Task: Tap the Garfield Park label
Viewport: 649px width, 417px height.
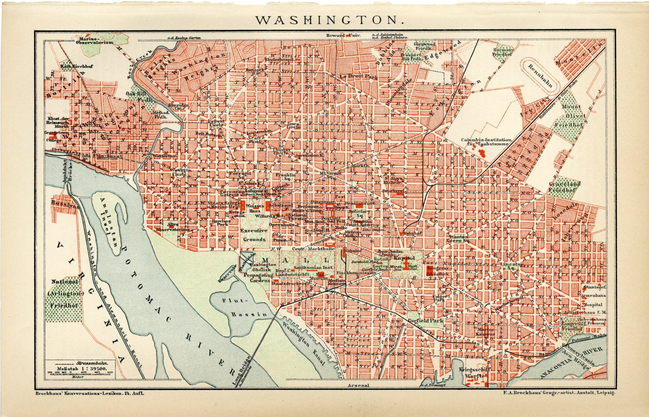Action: click(x=424, y=321)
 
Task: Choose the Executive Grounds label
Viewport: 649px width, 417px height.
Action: click(x=254, y=235)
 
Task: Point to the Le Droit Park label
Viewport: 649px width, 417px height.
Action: click(x=359, y=77)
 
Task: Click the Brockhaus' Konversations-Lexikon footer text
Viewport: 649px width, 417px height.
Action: click(x=89, y=393)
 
